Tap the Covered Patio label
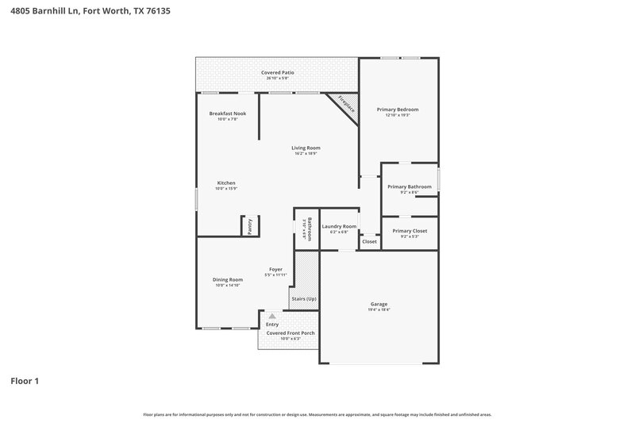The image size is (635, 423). pyautogui.click(x=278, y=72)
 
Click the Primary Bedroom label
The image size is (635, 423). pyautogui.click(x=397, y=109)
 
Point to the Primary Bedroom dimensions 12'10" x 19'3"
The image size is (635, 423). pyautogui.click(x=397, y=115)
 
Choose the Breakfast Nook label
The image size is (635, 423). pyautogui.click(x=228, y=113)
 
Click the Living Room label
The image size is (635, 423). pyautogui.click(x=306, y=148)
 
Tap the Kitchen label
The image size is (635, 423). pyautogui.click(x=226, y=183)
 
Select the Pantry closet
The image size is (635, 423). pyautogui.click(x=249, y=226)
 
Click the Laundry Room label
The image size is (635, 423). pyautogui.click(x=339, y=226)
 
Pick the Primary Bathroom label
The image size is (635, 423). pyautogui.click(x=409, y=187)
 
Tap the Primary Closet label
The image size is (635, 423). pyautogui.click(x=409, y=231)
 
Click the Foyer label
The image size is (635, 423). pyautogui.click(x=275, y=269)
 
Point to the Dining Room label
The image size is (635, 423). pyautogui.click(x=227, y=279)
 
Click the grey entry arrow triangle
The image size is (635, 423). pyautogui.click(x=271, y=316)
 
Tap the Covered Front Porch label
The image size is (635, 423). pyautogui.click(x=291, y=333)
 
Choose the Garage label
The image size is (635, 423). pyautogui.click(x=379, y=304)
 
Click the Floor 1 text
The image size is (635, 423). pyautogui.click(x=25, y=381)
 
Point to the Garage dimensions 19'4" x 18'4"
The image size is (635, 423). pyautogui.click(x=379, y=310)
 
